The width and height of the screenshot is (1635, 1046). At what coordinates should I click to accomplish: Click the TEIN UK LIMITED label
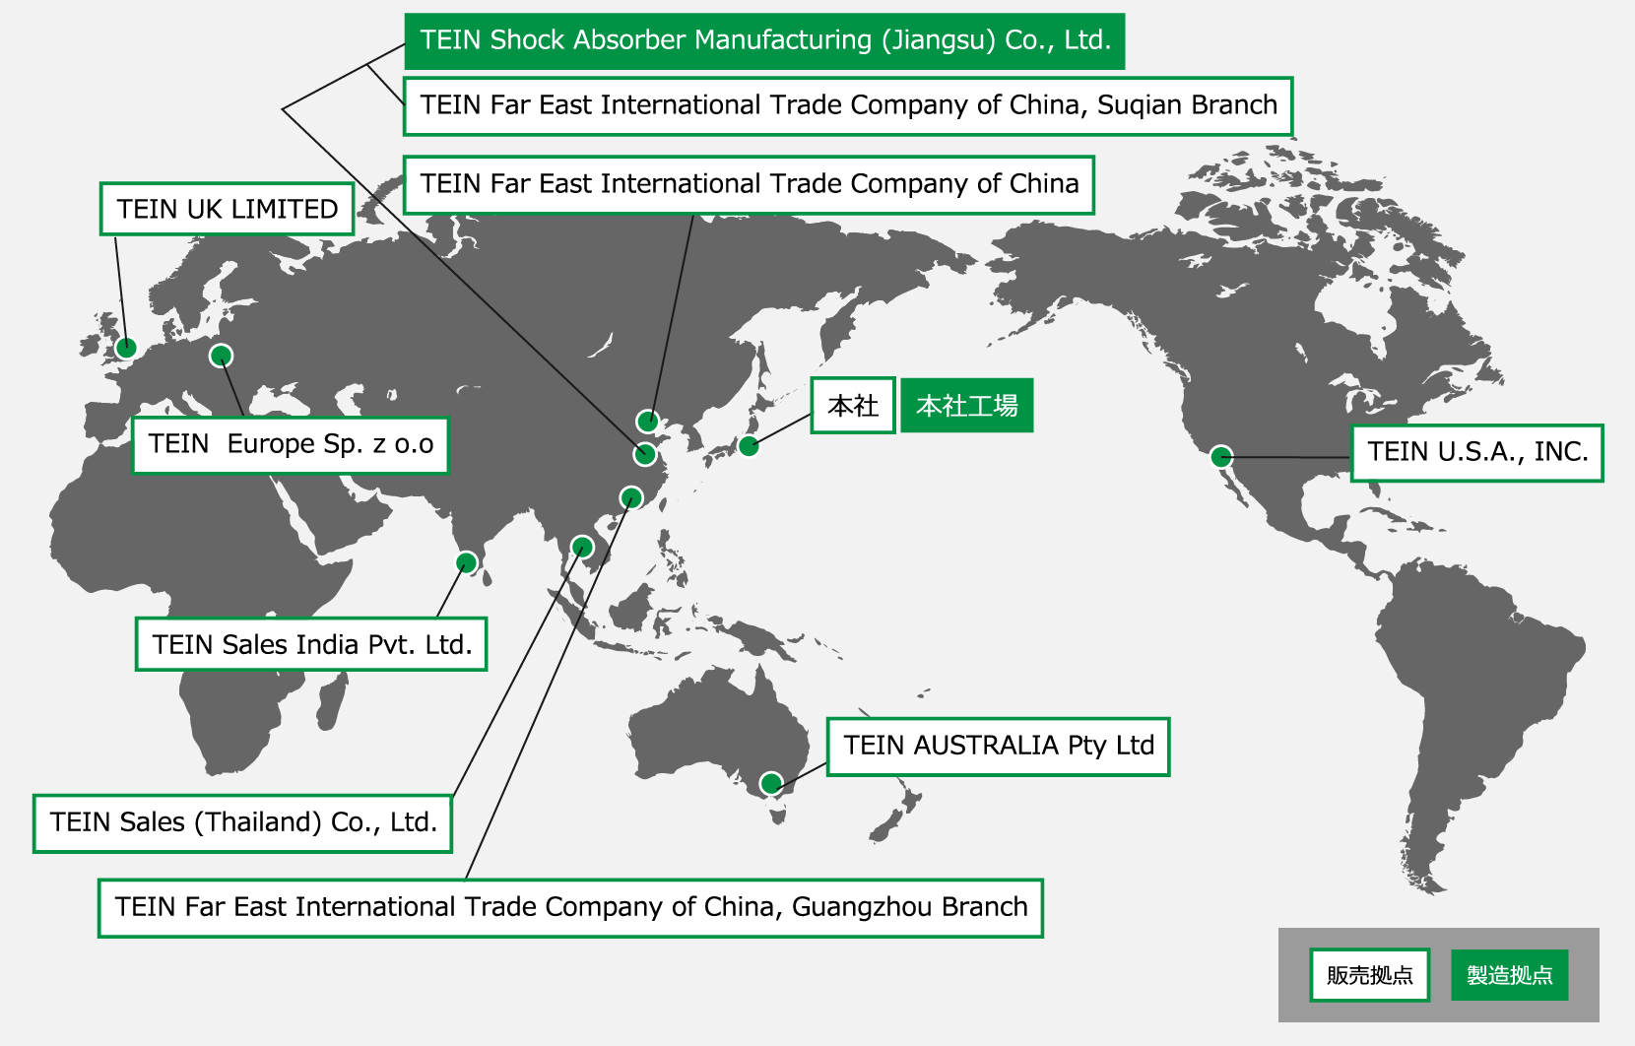[x=227, y=209]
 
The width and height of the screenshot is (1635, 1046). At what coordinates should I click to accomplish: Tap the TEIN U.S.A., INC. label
[x=1476, y=452]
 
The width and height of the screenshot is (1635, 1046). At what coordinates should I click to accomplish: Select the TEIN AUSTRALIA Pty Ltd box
[x=998, y=746]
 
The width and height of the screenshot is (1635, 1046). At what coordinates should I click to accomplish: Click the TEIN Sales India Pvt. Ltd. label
[x=311, y=644]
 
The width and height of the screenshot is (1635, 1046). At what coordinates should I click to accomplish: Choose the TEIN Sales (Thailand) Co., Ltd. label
[x=242, y=822]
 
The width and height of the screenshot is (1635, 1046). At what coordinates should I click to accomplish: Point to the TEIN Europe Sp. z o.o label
[x=291, y=444]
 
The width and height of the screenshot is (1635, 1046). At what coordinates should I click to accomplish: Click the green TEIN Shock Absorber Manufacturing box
[x=764, y=40]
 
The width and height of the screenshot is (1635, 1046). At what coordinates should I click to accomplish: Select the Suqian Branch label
[x=847, y=105]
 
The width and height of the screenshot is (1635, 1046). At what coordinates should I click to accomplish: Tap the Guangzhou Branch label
[x=570, y=907]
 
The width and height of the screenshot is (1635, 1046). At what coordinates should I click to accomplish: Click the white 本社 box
[x=852, y=405]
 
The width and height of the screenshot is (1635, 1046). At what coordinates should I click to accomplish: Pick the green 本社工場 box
[x=966, y=405]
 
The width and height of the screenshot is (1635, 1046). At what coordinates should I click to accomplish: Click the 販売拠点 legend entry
[x=1369, y=975]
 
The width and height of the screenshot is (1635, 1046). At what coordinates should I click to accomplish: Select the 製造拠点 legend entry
[x=1509, y=975]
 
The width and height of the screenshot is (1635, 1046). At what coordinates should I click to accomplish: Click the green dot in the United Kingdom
[x=126, y=348]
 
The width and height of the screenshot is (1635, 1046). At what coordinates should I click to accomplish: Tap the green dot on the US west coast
[x=1221, y=456]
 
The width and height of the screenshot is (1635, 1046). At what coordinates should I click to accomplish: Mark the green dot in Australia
[x=771, y=784]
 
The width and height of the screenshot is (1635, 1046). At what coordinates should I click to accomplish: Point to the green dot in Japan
[x=749, y=446]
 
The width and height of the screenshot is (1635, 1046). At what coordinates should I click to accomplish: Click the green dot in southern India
[x=466, y=562]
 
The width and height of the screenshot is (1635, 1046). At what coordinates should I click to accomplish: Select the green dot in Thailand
[x=582, y=547]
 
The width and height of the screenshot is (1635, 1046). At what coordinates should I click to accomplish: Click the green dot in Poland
[x=222, y=356]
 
